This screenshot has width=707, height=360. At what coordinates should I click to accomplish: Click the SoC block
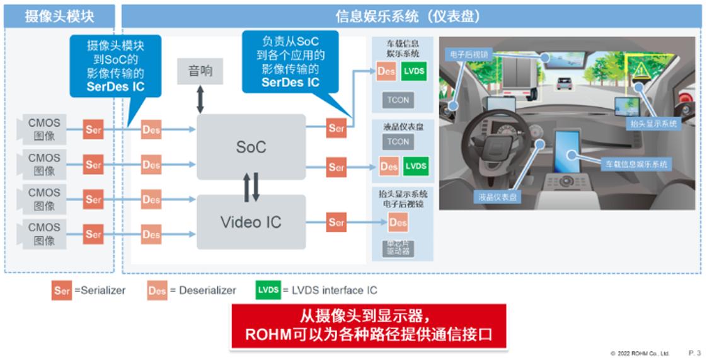click(x=251, y=146)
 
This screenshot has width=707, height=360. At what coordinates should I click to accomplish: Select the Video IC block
click(x=251, y=222)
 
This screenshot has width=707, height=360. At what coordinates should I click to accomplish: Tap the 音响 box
click(x=200, y=71)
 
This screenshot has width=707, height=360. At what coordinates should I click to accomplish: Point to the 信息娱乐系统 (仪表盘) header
click(x=410, y=16)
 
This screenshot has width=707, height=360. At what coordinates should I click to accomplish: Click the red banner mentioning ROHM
click(x=368, y=326)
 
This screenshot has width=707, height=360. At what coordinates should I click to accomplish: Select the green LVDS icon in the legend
click(x=268, y=290)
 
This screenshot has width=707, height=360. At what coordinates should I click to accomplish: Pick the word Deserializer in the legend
click(x=207, y=291)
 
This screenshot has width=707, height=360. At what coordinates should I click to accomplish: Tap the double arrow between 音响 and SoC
click(x=200, y=99)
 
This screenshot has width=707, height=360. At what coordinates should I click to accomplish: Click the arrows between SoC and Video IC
click(x=251, y=187)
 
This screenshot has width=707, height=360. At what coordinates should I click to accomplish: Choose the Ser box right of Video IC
click(x=336, y=222)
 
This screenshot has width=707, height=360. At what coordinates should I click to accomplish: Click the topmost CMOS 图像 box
click(x=44, y=129)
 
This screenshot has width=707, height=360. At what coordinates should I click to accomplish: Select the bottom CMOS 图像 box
click(x=44, y=234)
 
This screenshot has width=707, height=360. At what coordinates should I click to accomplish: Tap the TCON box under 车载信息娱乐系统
click(x=398, y=100)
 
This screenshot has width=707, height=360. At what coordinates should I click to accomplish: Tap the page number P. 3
click(x=694, y=353)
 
